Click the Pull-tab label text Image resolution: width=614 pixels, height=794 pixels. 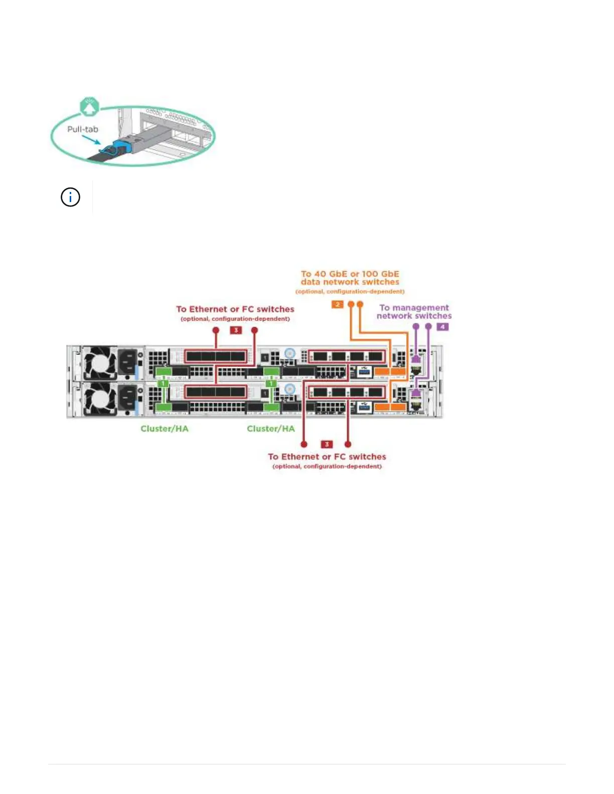(83, 129)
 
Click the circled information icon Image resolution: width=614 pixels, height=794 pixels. (70, 197)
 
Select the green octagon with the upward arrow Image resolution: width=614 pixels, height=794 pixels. (89, 106)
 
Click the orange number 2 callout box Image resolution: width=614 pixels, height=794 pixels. (338, 304)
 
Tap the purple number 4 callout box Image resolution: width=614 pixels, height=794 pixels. (442, 326)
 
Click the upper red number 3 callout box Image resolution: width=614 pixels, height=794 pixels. (236, 330)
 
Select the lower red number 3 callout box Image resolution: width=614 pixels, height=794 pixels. (327, 444)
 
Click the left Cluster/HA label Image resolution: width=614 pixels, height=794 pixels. (165, 429)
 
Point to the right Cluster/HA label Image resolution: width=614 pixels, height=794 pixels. (271, 429)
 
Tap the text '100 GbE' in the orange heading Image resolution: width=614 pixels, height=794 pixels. (381, 274)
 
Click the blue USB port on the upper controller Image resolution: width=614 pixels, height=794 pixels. (365, 371)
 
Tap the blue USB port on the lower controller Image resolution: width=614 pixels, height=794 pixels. (365, 407)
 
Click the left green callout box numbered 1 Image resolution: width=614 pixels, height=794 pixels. (163, 383)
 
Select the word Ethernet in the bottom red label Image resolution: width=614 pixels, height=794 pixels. (301, 457)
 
